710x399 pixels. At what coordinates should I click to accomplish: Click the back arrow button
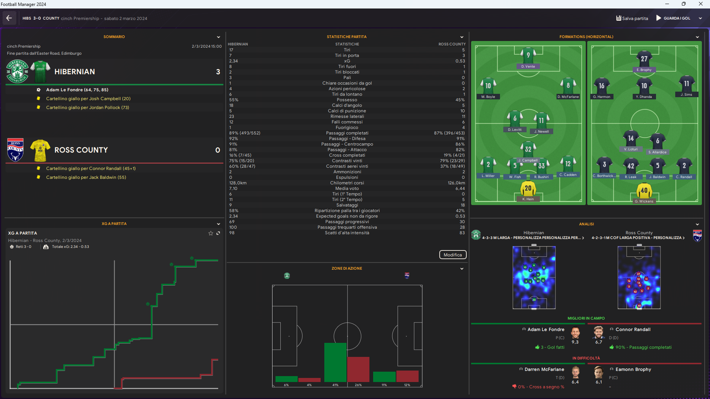coord(9,18)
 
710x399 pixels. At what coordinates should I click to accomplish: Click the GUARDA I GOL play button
coord(659,18)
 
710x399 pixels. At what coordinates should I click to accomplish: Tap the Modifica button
coord(453,255)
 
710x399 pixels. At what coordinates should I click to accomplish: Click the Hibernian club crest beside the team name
coord(17,71)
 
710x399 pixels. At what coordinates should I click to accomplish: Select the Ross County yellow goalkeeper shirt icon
coord(40,150)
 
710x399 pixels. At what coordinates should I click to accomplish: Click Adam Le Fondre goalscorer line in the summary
coord(77,90)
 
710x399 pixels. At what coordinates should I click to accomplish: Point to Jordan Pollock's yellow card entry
coord(87,108)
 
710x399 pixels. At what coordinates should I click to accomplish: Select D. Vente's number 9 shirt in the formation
coord(528,55)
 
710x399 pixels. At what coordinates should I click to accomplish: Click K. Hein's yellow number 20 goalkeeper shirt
coord(528,189)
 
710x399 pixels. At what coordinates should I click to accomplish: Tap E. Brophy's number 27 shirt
coord(644,59)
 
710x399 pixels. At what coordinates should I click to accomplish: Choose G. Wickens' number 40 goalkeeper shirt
coord(644,191)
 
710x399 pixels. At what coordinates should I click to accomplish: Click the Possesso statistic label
coord(347,100)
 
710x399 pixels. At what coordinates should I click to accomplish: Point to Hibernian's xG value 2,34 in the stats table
coord(233,61)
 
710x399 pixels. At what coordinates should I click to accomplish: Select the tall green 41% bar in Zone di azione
coord(335,362)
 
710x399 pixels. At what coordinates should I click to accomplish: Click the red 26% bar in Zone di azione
coord(358,369)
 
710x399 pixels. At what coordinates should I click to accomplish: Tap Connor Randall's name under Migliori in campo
coord(633,330)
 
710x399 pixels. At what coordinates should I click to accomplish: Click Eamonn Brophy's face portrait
coord(598,372)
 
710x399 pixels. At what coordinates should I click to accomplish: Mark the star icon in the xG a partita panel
coord(211,233)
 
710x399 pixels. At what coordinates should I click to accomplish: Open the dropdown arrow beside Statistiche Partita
coord(461,37)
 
